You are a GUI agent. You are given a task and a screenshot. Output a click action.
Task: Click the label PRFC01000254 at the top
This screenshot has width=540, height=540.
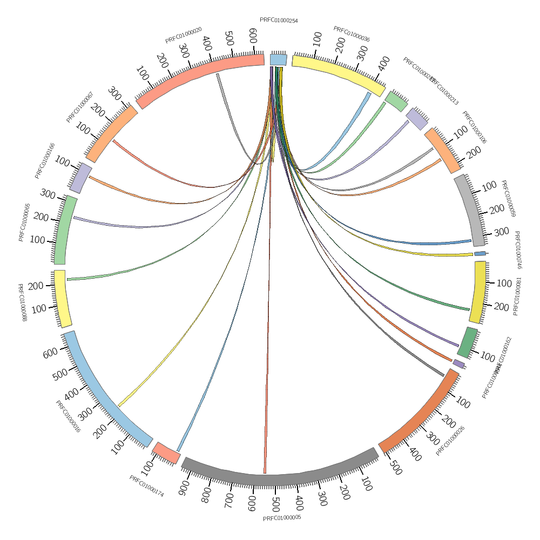point(279,21)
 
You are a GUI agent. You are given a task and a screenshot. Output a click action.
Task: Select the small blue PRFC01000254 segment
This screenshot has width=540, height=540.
point(278,59)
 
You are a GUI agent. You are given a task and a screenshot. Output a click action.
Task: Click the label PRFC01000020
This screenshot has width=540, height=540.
point(184,35)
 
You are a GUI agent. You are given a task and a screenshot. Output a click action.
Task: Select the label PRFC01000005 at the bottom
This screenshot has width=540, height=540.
point(281,518)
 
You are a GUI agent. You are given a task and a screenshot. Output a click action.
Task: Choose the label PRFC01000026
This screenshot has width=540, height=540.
point(450,441)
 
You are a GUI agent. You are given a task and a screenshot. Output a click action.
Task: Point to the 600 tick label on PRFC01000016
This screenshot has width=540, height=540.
point(51,353)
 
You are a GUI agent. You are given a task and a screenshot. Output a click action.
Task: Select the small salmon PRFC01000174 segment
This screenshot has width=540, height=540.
point(166,453)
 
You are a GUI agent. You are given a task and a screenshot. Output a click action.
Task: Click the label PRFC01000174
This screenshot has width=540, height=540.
point(146,485)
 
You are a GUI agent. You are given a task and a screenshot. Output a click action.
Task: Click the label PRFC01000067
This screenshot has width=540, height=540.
point(80,107)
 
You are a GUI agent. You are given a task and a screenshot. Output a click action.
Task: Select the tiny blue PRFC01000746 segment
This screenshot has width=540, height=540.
point(480,253)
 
